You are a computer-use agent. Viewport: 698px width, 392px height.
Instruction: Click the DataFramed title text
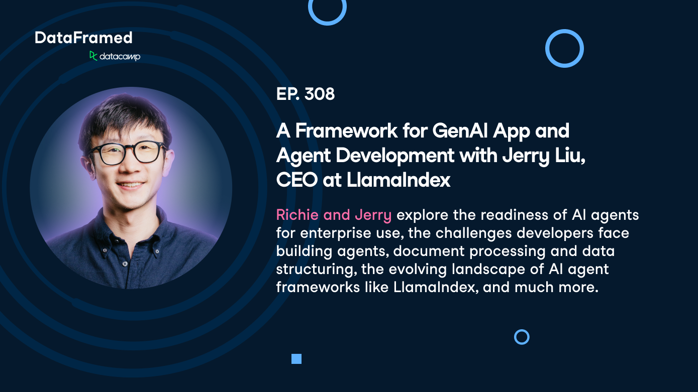tap(83, 38)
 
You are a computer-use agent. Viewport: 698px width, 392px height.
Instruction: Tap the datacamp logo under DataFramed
tap(115, 56)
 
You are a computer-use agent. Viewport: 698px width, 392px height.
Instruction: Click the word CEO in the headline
tap(296, 180)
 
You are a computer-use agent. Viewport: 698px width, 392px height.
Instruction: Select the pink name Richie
tap(297, 215)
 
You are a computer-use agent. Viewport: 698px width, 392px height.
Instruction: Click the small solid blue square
tap(296, 359)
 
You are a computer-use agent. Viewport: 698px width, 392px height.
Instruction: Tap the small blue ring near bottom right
tap(522, 337)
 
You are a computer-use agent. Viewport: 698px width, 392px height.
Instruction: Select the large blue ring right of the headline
tap(564, 49)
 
